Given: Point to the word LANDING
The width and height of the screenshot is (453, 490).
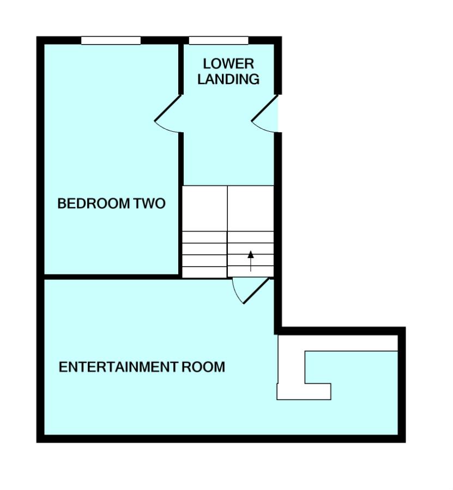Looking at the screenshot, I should [x=228, y=79].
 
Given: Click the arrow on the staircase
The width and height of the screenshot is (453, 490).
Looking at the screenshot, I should [x=251, y=261].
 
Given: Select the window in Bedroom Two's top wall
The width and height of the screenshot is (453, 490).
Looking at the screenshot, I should [x=111, y=40].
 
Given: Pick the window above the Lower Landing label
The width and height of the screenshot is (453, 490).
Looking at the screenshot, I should [x=218, y=40].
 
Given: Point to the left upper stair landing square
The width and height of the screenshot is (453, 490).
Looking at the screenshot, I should [x=204, y=209].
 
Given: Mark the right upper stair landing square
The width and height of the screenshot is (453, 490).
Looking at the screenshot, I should [x=250, y=209].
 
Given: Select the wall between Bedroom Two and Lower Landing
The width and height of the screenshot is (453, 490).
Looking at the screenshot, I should [x=180, y=207].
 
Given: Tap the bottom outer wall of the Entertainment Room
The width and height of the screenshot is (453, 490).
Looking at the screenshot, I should [x=218, y=438].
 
